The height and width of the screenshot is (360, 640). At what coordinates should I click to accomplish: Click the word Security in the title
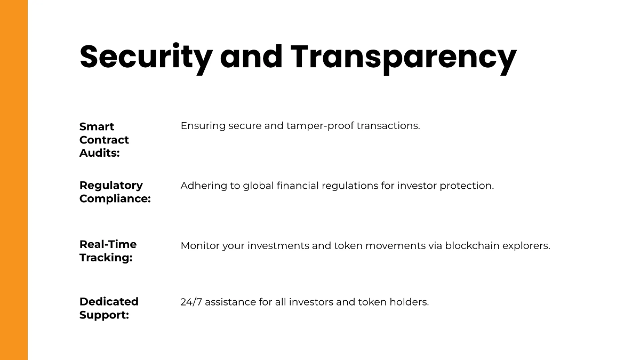146,57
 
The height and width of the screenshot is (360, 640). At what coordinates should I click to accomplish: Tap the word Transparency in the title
403,57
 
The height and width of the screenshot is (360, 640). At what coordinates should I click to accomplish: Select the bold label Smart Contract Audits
104,140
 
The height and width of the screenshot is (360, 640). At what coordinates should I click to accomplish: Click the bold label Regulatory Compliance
115,192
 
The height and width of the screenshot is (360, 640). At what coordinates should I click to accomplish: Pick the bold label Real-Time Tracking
108,251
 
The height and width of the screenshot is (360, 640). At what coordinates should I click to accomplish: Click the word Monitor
201,246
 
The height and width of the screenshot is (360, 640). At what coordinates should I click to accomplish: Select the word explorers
526,246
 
